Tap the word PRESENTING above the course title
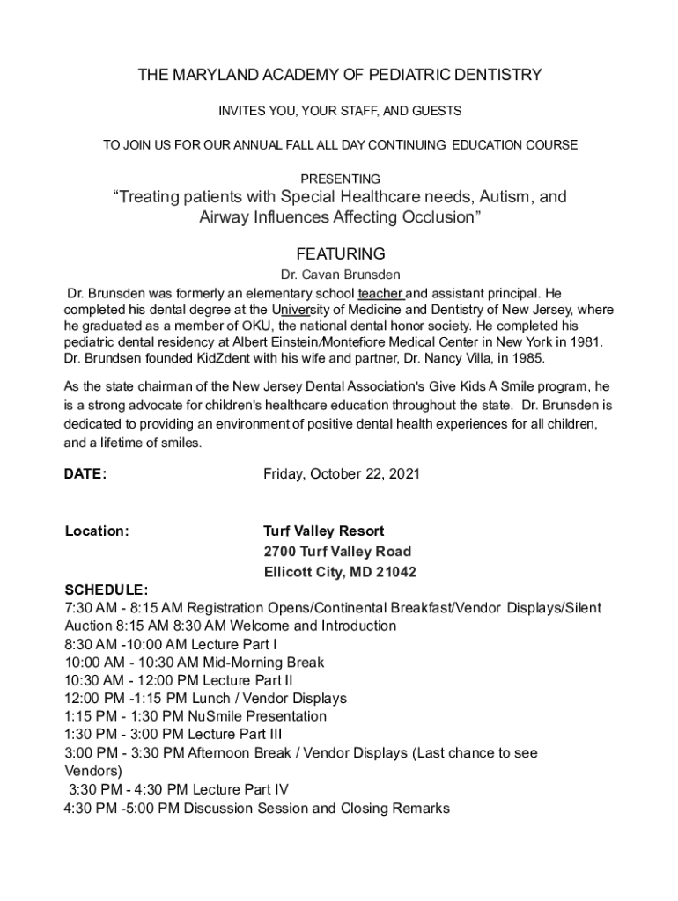(x=341, y=179)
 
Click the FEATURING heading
(x=341, y=253)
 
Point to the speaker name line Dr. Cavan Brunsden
(x=341, y=275)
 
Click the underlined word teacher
(x=380, y=293)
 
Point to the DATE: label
(x=86, y=474)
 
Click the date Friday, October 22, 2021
(x=342, y=474)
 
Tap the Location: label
(x=98, y=531)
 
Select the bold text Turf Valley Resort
(x=324, y=531)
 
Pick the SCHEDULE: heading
(x=107, y=590)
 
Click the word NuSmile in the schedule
(x=212, y=716)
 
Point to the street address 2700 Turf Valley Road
(x=337, y=552)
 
